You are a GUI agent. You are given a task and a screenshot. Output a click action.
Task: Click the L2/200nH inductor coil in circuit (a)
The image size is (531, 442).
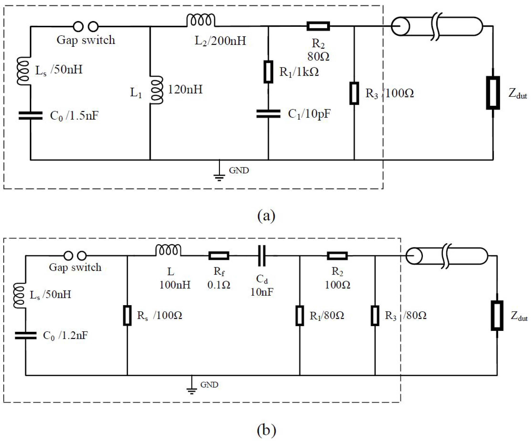click(201, 20)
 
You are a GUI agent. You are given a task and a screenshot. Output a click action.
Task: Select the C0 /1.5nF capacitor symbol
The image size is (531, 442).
click(31, 115)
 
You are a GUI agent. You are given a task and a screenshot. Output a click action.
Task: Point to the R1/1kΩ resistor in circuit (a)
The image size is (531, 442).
click(268, 72)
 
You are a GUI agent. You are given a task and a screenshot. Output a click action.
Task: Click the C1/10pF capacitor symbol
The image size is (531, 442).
click(268, 114)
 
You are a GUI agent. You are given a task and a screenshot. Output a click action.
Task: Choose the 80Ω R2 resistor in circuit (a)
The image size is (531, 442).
click(318, 26)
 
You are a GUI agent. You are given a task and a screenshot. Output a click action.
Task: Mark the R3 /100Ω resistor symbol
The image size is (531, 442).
click(354, 93)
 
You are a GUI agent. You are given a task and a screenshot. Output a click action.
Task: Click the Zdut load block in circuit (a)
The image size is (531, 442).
click(493, 93)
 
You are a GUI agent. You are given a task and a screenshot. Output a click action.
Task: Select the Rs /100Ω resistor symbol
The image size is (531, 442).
click(127, 315)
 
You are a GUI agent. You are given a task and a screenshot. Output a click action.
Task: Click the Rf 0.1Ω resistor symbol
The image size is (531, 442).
click(219, 256)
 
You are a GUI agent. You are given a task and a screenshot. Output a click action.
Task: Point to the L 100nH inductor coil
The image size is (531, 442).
click(168, 250)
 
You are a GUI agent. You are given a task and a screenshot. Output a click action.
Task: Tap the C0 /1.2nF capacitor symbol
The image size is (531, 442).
click(26, 335)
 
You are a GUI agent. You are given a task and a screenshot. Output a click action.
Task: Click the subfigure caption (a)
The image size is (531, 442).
click(266, 216)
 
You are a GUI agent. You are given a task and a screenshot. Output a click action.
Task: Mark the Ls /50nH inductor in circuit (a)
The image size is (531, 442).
click(23, 71)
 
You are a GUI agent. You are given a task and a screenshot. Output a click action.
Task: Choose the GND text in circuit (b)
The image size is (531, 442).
click(209, 385)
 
